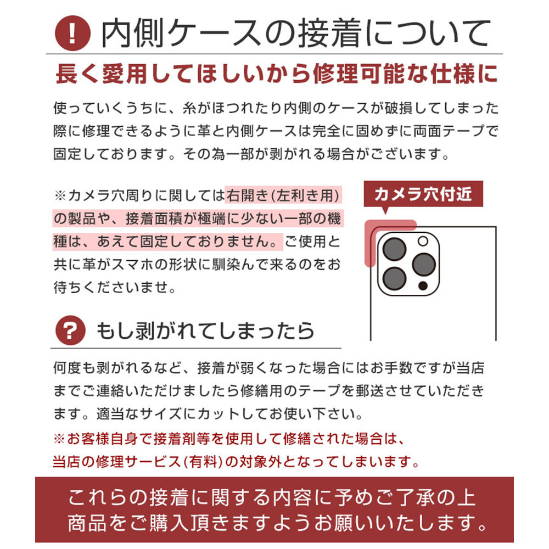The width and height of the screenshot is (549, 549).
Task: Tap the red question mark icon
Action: click(71, 330)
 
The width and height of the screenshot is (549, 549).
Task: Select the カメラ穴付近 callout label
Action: click(423, 194)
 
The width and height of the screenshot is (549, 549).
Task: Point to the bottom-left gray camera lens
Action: click(394, 279)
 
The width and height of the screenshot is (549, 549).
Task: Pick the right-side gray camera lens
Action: click(423, 265)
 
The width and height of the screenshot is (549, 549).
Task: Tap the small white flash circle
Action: click(423, 241)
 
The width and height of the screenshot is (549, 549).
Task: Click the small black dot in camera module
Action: click(423, 286)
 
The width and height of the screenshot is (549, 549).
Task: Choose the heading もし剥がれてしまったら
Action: click(206, 330)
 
